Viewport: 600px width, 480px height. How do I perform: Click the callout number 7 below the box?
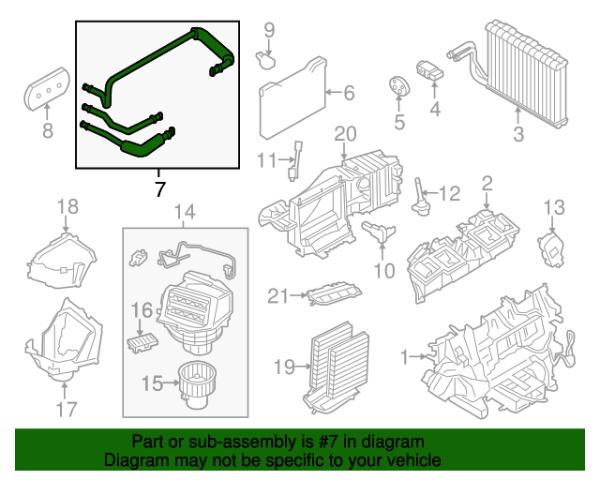(158, 189)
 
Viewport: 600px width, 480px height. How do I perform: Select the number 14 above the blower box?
(185, 212)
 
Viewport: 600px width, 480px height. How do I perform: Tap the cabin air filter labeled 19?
(332, 360)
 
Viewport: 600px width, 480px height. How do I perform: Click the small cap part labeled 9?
(266, 60)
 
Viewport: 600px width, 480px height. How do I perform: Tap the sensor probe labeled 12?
(419, 196)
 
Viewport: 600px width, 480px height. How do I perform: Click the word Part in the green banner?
(147, 441)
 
